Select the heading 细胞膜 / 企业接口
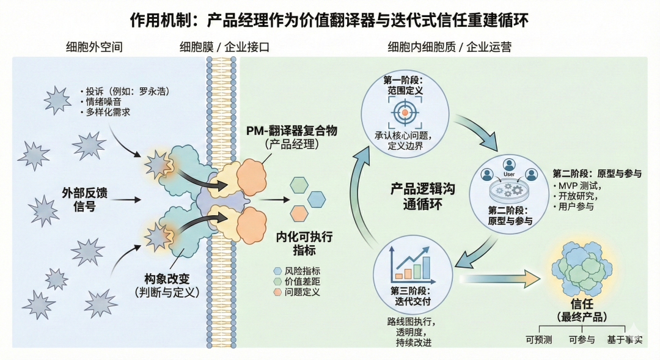(224, 47)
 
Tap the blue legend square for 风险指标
(277, 270)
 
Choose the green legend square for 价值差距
(277, 281)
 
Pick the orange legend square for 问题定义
(277, 292)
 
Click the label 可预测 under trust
(538, 340)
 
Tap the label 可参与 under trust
(581, 340)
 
